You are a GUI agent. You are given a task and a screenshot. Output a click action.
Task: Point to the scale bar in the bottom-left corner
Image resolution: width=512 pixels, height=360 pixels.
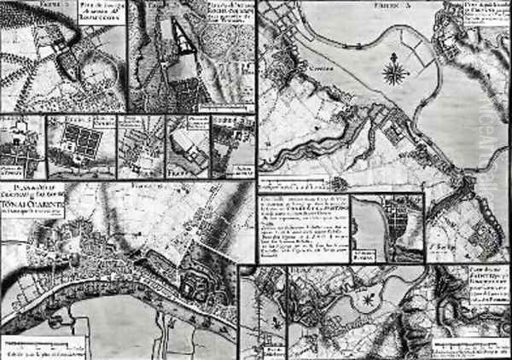click(x=34, y=349)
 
